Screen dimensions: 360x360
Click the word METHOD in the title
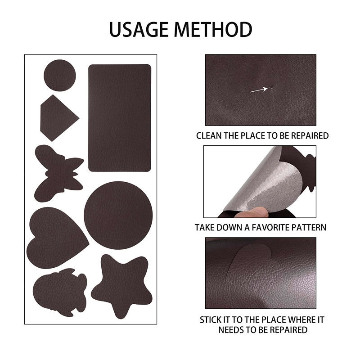point(213,30)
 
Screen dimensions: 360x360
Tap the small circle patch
point(60,75)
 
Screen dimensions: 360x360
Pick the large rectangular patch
point(120,117)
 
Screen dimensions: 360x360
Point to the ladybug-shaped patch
point(60,292)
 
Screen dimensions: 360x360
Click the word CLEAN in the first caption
point(210,135)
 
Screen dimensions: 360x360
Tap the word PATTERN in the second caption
point(310,228)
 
